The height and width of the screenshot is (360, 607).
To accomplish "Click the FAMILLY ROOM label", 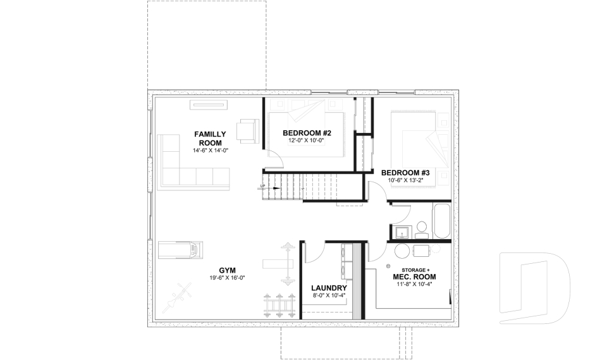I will point(210,138).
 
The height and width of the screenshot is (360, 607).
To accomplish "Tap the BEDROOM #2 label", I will point(307,133).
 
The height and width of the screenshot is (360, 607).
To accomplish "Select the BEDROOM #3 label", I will point(405,173).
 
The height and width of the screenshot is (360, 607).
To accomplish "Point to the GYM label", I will point(228,270).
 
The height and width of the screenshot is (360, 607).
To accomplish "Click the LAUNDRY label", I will point(329,287).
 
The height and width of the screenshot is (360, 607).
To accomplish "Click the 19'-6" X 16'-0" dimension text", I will point(228,278).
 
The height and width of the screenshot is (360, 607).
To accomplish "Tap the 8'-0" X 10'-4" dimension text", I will point(329,295).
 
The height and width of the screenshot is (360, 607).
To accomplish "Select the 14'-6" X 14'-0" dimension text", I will point(210,151).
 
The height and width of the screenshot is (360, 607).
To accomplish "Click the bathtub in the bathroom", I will point(441,221).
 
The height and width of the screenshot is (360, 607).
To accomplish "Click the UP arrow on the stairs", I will point(262,186).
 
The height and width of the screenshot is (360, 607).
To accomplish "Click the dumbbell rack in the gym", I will point(279,304).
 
